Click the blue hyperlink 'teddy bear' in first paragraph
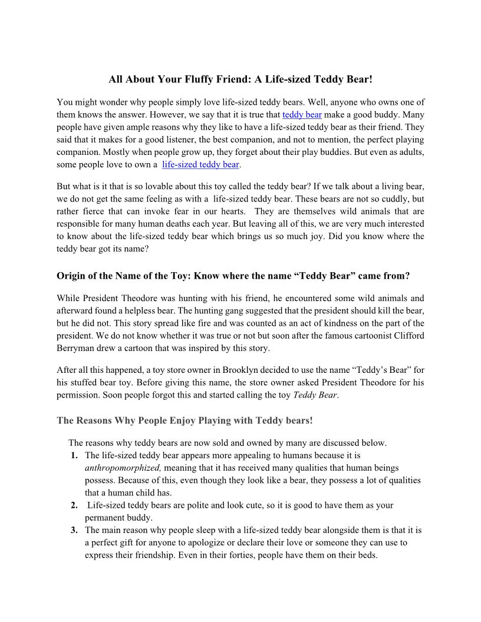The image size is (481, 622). click(x=302, y=115)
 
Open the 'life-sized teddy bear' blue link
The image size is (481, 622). click(x=200, y=164)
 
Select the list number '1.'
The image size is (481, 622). click(x=74, y=455)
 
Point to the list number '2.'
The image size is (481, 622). click(x=74, y=505)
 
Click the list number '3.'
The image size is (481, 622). click(x=74, y=530)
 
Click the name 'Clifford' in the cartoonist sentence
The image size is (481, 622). click(x=407, y=336)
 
